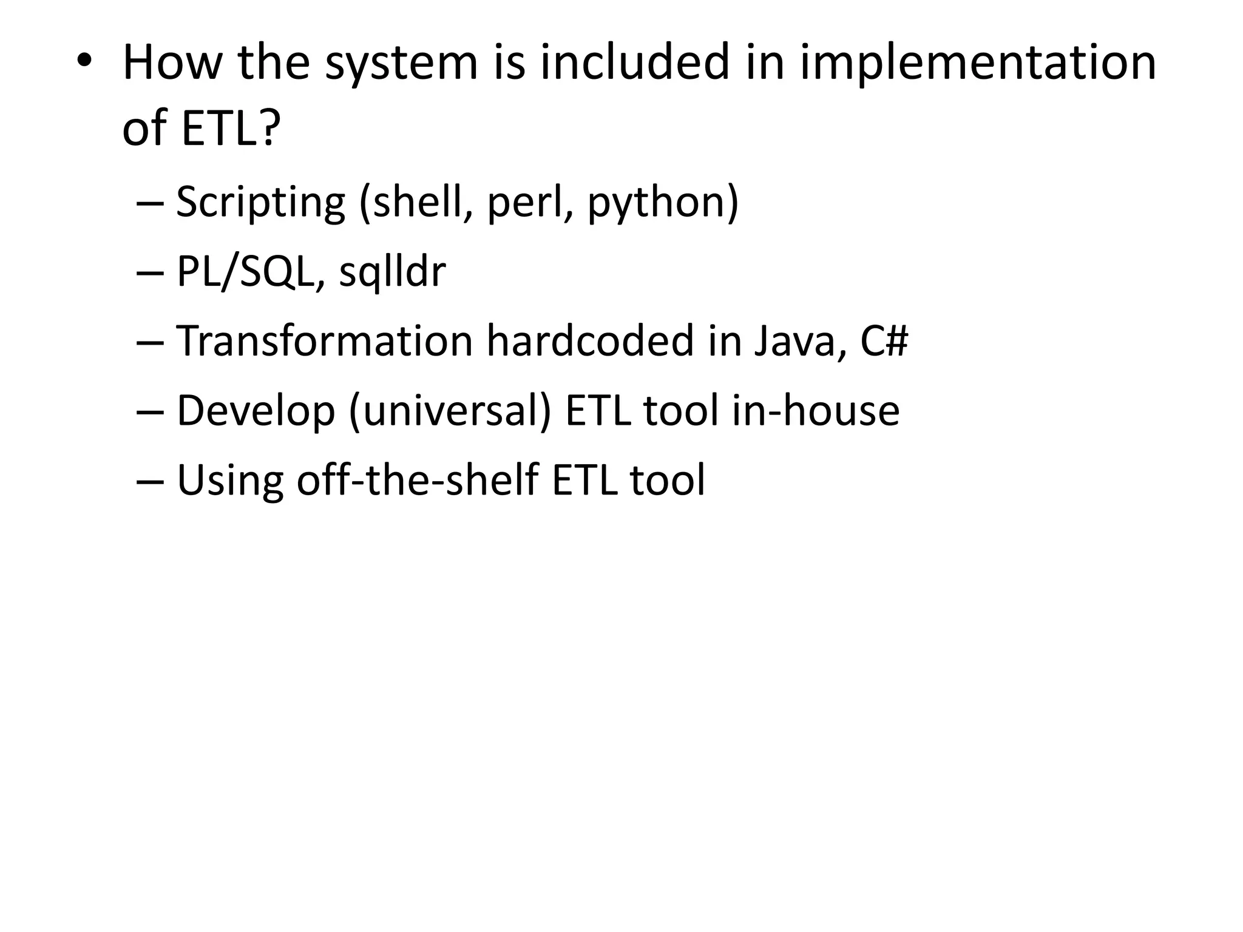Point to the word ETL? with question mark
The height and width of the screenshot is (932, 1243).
pos(231,128)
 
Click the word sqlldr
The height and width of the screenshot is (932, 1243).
pos(392,272)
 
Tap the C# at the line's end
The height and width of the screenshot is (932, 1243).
pos(884,341)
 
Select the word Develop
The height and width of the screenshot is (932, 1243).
pos(256,411)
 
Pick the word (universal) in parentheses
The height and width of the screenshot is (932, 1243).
pos(450,411)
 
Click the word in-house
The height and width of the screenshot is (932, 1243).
pos(815,411)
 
